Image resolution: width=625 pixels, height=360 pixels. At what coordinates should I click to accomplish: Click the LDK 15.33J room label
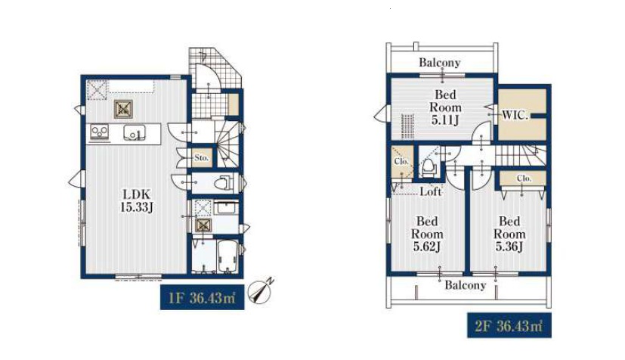pos(136,200)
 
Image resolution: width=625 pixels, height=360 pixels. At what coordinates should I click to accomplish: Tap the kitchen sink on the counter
pos(134,134)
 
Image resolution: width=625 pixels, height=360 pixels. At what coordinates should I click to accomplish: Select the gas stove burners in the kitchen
pos(99,132)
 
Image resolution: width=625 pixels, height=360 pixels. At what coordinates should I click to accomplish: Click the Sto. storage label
pos(201,158)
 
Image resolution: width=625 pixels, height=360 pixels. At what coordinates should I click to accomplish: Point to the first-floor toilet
pos(223,183)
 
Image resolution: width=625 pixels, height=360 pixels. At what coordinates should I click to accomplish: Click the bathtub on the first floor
pos(227,256)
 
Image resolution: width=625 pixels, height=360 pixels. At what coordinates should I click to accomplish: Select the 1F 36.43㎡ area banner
pos(202,297)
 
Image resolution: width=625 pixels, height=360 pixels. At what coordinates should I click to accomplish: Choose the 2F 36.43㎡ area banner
pos(509,326)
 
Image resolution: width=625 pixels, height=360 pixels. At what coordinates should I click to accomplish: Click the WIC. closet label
pos(515,116)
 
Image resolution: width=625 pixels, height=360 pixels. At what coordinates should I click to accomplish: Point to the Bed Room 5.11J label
pos(445,107)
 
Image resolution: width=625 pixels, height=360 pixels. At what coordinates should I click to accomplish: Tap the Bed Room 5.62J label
pos(427,234)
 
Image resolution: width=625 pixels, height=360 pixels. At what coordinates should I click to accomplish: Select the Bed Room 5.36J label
pos(509,234)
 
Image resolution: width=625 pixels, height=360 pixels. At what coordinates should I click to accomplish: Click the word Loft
pos(431,192)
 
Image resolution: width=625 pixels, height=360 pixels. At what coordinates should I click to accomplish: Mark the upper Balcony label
pos(439,63)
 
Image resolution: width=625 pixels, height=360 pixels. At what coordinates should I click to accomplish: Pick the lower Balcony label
pos(466,285)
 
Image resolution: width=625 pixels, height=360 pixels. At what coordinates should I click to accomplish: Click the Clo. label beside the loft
pos(401,161)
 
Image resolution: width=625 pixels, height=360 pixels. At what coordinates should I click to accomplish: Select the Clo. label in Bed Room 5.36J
pos(524,178)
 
